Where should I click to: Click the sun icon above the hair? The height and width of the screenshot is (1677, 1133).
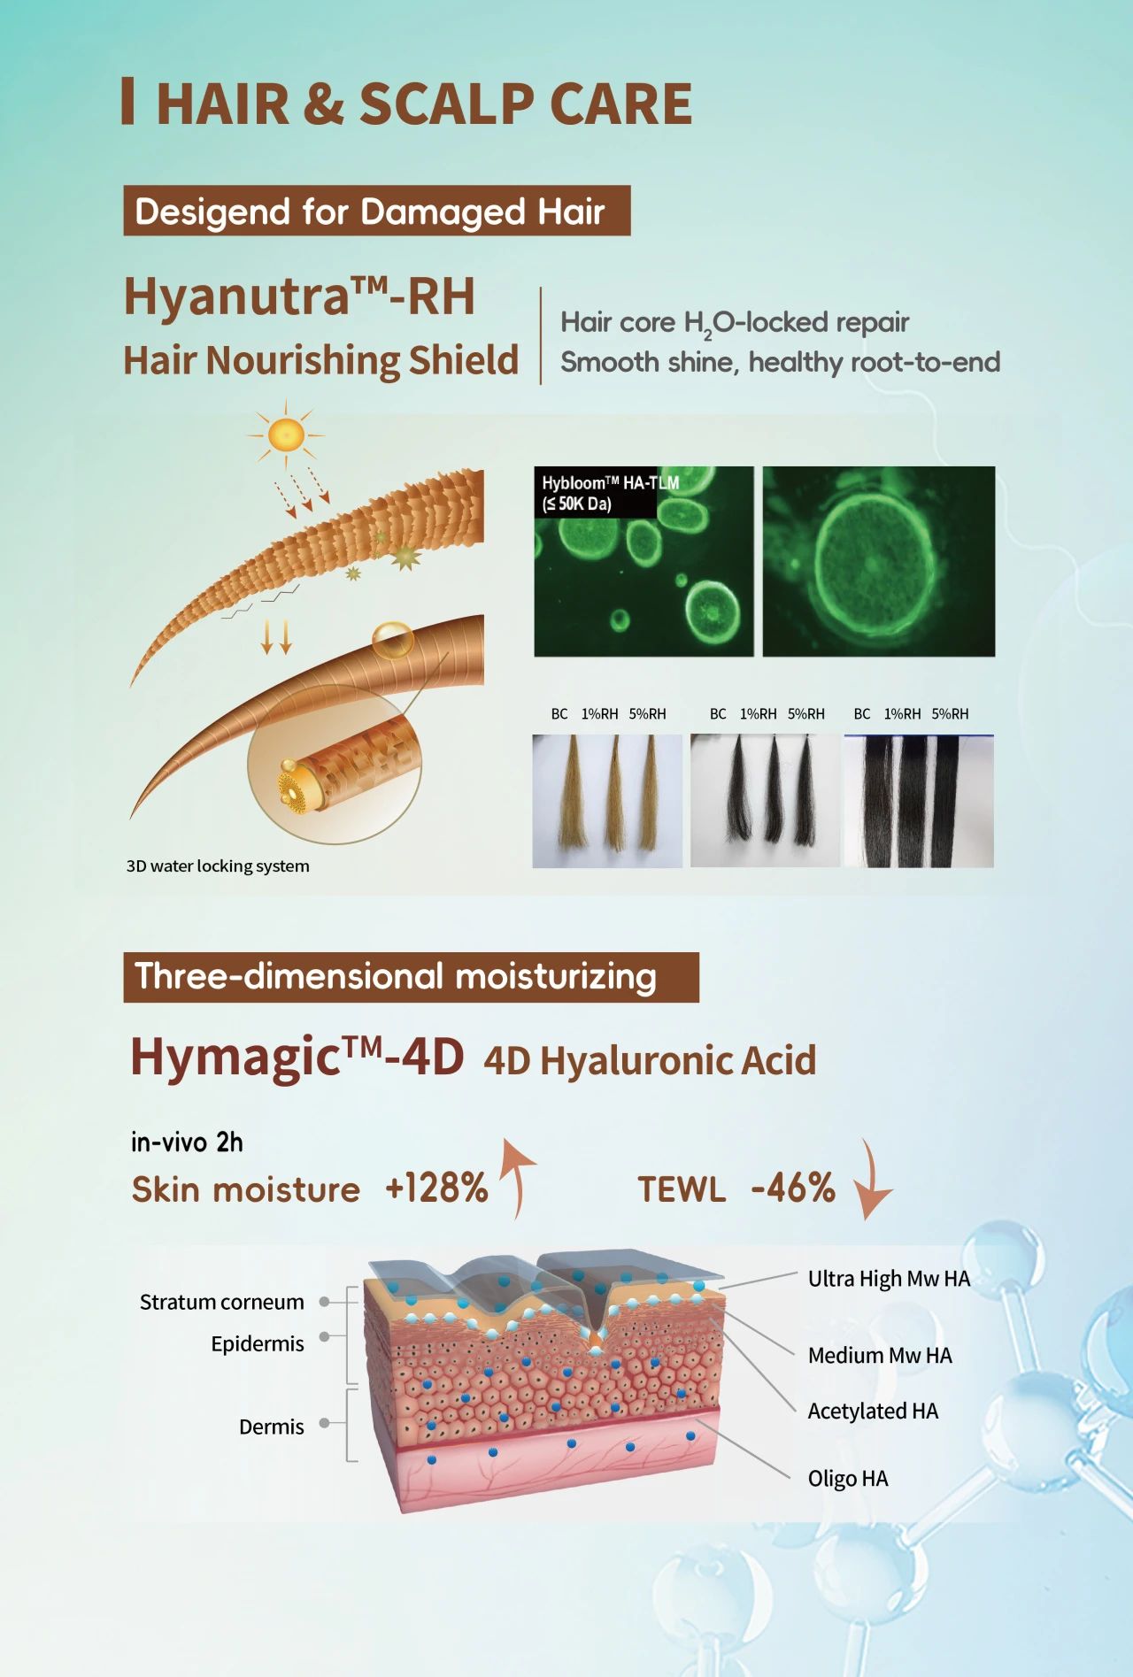point(285,435)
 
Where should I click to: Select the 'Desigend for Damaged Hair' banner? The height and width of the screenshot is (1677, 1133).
point(377,211)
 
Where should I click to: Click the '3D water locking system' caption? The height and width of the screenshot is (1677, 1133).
point(218,865)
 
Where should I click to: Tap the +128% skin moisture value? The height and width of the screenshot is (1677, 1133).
point(436,1188)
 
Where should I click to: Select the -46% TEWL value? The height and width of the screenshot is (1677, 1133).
point(793,1188)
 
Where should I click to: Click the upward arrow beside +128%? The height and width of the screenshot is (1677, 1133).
point(519,1177)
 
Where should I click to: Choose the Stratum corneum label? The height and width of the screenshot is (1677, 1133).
point(222,1302)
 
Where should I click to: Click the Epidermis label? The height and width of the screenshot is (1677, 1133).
point(258,1343)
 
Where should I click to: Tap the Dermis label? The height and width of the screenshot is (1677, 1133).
point(272,1427)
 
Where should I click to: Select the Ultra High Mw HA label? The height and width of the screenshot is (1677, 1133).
point(889,1279)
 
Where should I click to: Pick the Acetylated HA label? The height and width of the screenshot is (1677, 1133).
point(873,1411)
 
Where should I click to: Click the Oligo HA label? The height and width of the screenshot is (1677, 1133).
point(848,1478)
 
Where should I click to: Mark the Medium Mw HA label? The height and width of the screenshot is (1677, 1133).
point(880,1355)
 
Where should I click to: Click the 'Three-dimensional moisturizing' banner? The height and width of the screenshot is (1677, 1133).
point(411,977)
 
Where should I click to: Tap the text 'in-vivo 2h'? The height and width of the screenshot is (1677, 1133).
point(187,1142)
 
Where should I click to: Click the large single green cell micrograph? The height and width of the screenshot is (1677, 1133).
point(879,561)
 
